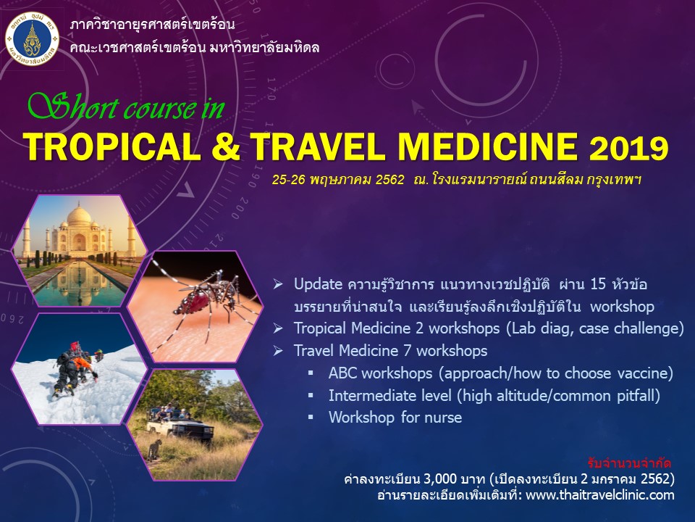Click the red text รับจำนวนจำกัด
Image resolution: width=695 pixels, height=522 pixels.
coord(630,463)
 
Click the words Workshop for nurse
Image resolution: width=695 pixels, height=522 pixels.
coord(395,418)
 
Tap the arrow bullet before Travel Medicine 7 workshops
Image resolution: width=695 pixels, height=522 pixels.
coord(279,351)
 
